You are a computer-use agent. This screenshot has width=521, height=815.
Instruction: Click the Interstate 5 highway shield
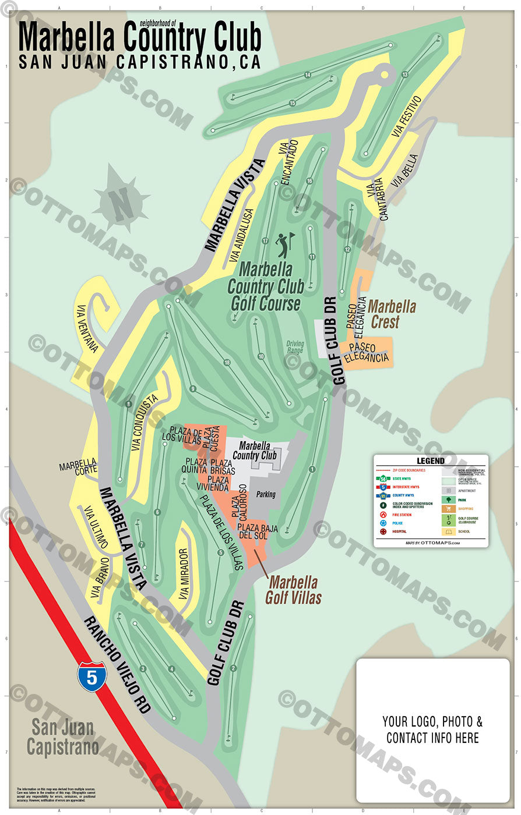pyautogui.click(x=91, y=676)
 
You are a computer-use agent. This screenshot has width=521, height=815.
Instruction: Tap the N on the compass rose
pyautogui.click(x=121, y=201)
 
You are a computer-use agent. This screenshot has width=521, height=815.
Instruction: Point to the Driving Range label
pyautogui.click(x=295, y=348)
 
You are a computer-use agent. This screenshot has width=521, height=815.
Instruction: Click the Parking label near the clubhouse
pyautogui.click(x=266, y=494)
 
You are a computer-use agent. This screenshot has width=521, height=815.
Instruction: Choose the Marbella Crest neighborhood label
pyautogui.click(x=392, y=314)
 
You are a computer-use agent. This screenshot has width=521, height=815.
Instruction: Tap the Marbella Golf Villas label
pyautogui.click(x=294, y=590)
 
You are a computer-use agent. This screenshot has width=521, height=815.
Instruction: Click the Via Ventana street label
pyautogui.click(x=87, y=328)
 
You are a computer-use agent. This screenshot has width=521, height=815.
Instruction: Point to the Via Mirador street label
pyautogui.click(x=184, y=573)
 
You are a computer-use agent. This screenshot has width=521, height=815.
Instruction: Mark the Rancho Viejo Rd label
pyautogui.click(x=117, y=664)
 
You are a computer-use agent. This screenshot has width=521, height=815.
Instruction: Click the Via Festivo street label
pyautogui.click(x=406, y=116)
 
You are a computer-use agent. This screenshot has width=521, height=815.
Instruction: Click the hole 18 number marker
pyautogui.click(x=227, y=363)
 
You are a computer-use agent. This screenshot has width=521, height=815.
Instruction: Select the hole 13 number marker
pyautogui.click(x=404, y=75)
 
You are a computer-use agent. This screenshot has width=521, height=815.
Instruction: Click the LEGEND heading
pyautogui.click(x=431, y=461)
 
